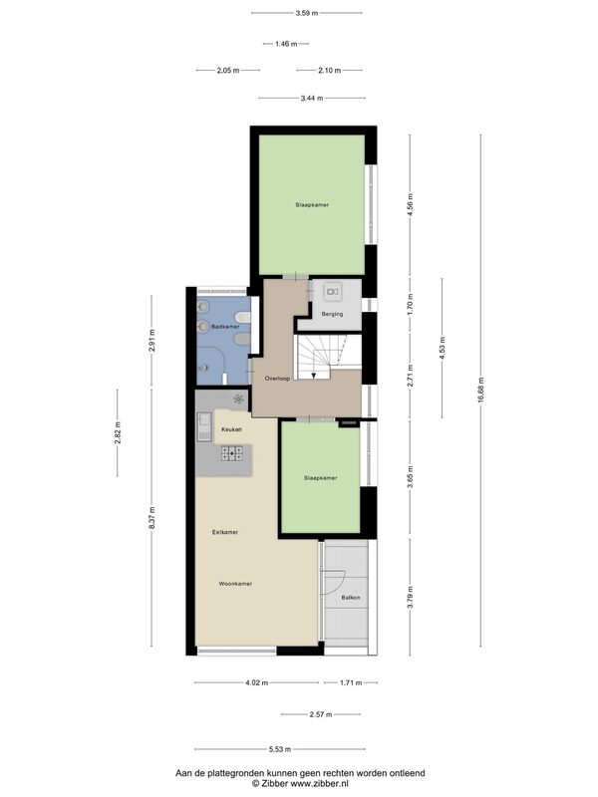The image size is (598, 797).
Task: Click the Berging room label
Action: click(x=332, y=314)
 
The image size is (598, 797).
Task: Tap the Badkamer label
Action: click(x=225, y=327)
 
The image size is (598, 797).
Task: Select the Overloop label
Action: click(x=277, y=379)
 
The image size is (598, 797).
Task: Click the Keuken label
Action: click(x=231, y=429)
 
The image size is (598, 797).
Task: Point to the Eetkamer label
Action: click(x=225, y=532)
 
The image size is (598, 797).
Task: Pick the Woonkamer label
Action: click(x=235, y=584)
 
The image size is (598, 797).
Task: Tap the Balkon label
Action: click(x=351, y=598)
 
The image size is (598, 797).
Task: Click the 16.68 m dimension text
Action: click(x=481, y=391)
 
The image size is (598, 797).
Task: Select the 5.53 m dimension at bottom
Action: click(x=280, y=749)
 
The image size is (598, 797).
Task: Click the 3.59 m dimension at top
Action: click(x=307, y=13)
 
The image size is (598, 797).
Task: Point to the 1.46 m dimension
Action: click(x=286, y=44)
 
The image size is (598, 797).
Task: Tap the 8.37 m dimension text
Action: click(x=151, y=518)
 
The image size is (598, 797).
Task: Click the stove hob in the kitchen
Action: click(x=232, y=453)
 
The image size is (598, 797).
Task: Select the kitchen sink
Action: click(x=204, y=426)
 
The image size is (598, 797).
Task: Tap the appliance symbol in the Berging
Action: click(x=333, y=292)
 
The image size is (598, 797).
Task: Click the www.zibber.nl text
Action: click(x=319, y=784)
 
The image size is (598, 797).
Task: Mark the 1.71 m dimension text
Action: click(x=351, y=683)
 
